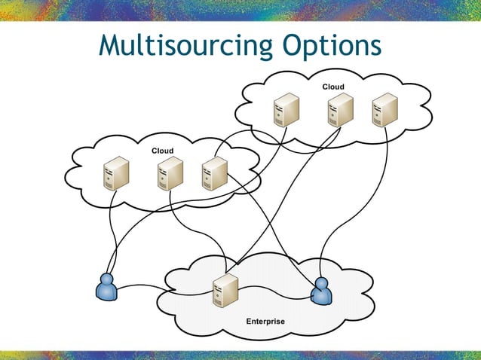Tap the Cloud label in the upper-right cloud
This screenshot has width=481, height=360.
(333, 87)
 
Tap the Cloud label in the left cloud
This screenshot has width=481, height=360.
(162, 151)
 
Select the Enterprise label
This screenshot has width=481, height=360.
(265, 322)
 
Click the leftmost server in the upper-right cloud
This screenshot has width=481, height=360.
(286, 110)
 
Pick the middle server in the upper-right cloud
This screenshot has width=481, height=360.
(340, 110)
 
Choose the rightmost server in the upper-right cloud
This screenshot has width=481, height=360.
(384, 110)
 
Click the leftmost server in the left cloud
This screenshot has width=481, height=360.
(116, 173)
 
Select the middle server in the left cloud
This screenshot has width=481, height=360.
(170, 173)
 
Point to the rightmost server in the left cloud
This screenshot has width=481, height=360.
(214, 173)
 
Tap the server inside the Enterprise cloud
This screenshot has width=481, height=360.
(225, 291)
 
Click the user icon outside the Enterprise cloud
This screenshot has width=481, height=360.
(107, 286)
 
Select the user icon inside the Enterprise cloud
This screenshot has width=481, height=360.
(322, 291)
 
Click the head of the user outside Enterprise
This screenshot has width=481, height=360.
(107, 279)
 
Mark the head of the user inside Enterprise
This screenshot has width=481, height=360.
(322, 283)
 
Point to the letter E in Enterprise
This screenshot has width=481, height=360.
(250, 322)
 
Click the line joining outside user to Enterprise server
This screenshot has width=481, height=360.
(158, 285)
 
